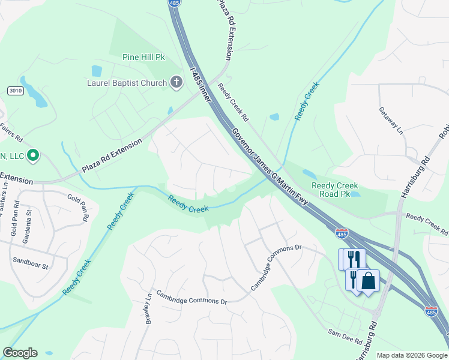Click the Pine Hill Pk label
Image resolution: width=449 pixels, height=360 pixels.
click(x=143, y=58)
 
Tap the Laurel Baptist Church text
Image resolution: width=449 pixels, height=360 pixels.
click(x=127, y=83)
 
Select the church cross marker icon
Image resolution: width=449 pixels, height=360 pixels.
click(x=176, y=82)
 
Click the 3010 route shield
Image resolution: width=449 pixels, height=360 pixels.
click(x=16, y=91)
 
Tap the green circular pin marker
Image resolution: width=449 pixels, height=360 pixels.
click(x=33, y=157)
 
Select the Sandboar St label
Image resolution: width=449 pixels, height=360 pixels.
click(x=30, y=261)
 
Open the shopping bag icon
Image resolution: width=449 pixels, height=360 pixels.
click(x=369, y=281)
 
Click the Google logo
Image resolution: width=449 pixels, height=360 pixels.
click(x=20, y=353)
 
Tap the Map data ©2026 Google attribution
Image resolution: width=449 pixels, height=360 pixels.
click(x=411, y=355)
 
